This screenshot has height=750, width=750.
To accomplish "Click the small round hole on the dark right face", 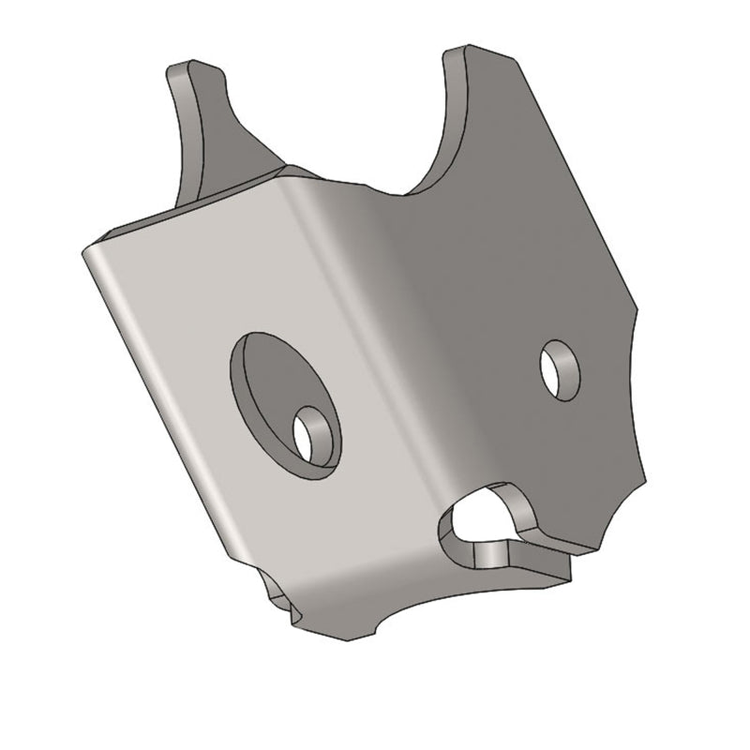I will (560, 369).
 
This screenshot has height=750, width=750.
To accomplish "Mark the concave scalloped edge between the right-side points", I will (634, 394).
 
